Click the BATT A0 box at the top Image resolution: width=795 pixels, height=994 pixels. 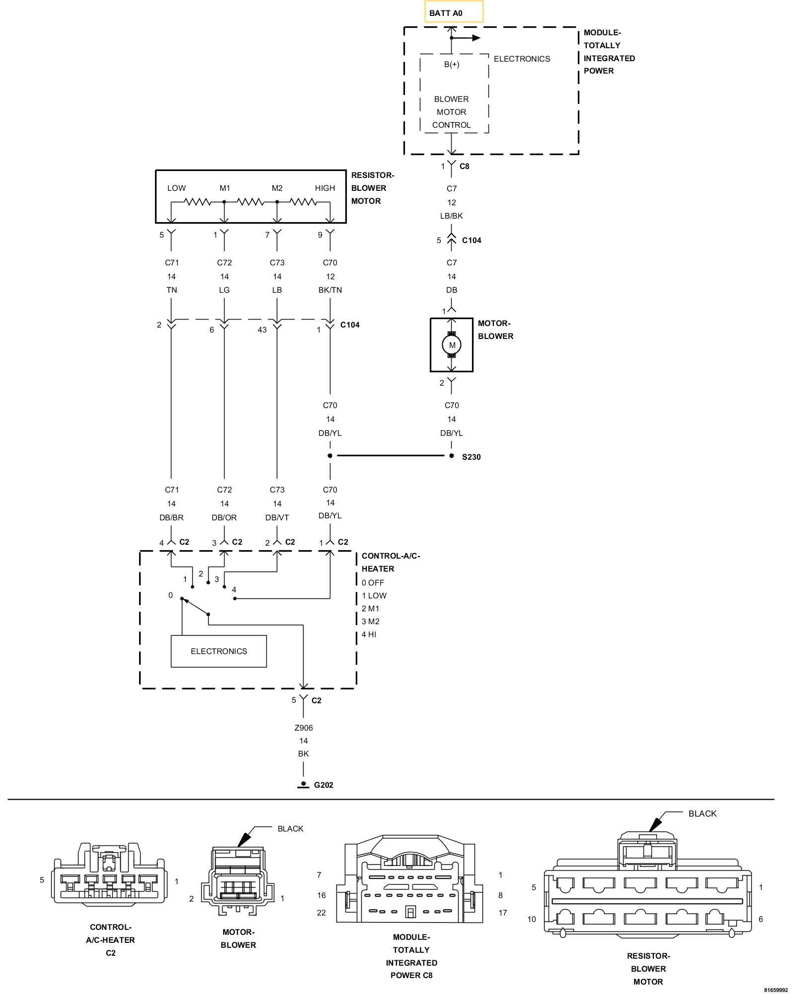pos(454,12)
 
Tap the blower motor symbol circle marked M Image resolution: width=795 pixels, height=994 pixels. pos(452,345)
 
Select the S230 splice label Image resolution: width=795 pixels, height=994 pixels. pos(471,457)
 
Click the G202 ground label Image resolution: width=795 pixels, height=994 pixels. pos(323,785)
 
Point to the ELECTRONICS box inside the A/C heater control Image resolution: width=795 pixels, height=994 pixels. pos(219,651)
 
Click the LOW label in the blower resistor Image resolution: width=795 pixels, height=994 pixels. pos(176,188)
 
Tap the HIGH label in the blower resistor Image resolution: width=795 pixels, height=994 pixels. pos(325,188)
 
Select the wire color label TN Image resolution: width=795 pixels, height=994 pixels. pos(171,290)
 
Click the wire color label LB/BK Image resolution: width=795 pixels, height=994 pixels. pos(451,216)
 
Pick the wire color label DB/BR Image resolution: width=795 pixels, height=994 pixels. pos(171,517)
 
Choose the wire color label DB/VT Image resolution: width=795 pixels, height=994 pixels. pos(277,517)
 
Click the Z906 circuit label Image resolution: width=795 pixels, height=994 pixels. pos(304,728)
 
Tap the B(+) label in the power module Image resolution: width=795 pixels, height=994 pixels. pos(452,64)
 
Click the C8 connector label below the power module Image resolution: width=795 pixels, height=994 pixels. pos(464,166)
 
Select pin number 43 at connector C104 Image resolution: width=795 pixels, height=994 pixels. pos(262,330)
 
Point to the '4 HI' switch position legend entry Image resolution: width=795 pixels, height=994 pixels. pos(369,634)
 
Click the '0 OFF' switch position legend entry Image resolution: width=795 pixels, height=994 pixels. pos(373,582)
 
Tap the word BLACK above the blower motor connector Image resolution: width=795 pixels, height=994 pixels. pos(290,828)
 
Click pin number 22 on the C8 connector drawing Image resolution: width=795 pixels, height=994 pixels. pos(321,912)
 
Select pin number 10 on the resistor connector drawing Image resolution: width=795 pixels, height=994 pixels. pos(532,919)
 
